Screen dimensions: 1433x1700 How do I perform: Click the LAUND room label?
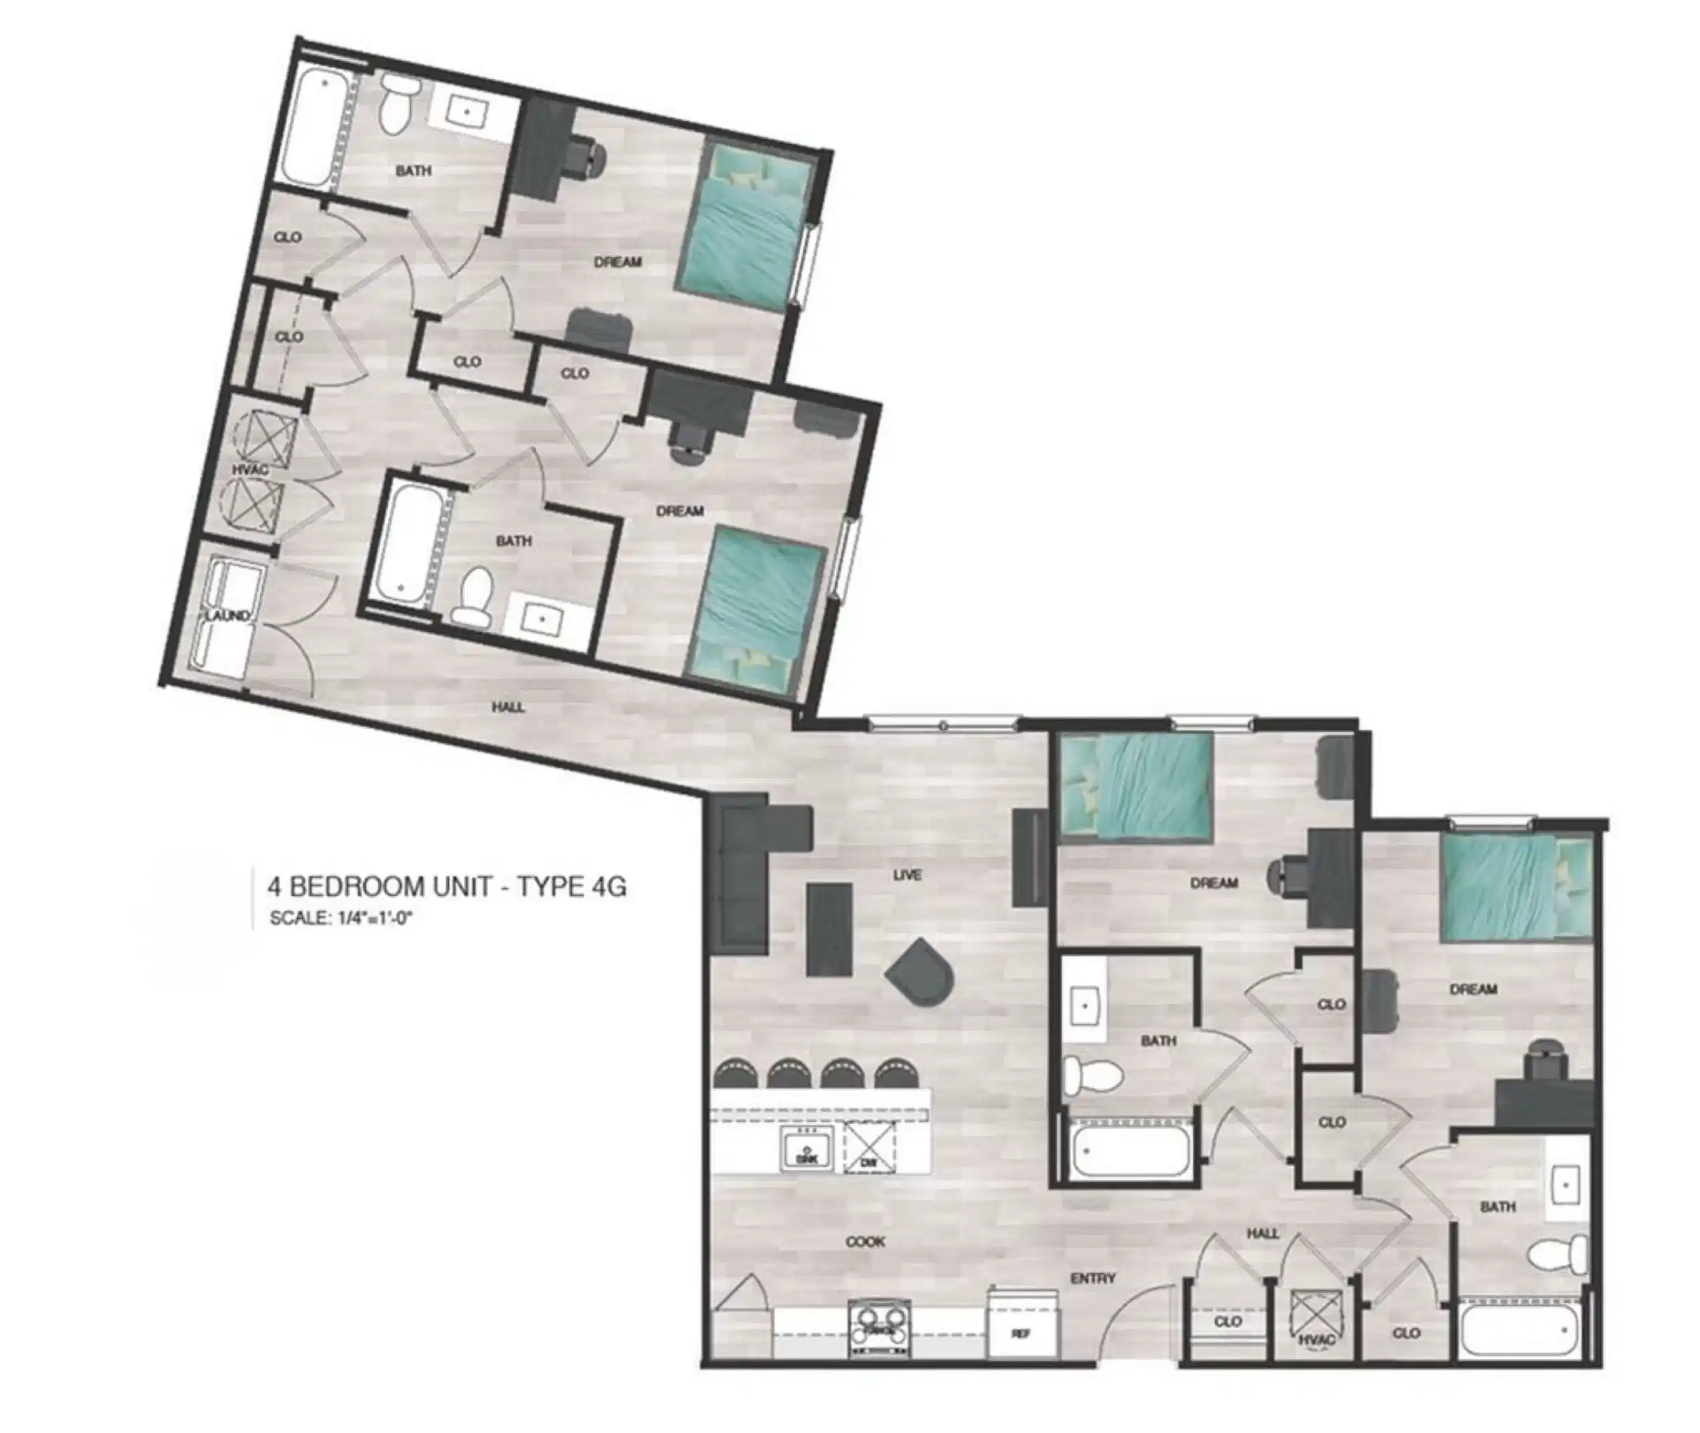226,615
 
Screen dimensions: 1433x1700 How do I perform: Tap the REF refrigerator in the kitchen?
1023,1333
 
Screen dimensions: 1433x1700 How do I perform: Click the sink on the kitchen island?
806,1149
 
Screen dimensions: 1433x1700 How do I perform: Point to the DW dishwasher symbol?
869,1147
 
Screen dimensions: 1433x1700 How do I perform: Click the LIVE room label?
906,875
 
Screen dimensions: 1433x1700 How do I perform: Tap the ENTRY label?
1093,1279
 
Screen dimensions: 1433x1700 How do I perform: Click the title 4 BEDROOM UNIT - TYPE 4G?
447,886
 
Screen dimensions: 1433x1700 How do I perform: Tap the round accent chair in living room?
921,973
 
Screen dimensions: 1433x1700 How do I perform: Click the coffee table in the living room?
828,929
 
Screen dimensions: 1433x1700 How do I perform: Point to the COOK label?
865,1241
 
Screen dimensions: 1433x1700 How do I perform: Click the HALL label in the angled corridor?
508,707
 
